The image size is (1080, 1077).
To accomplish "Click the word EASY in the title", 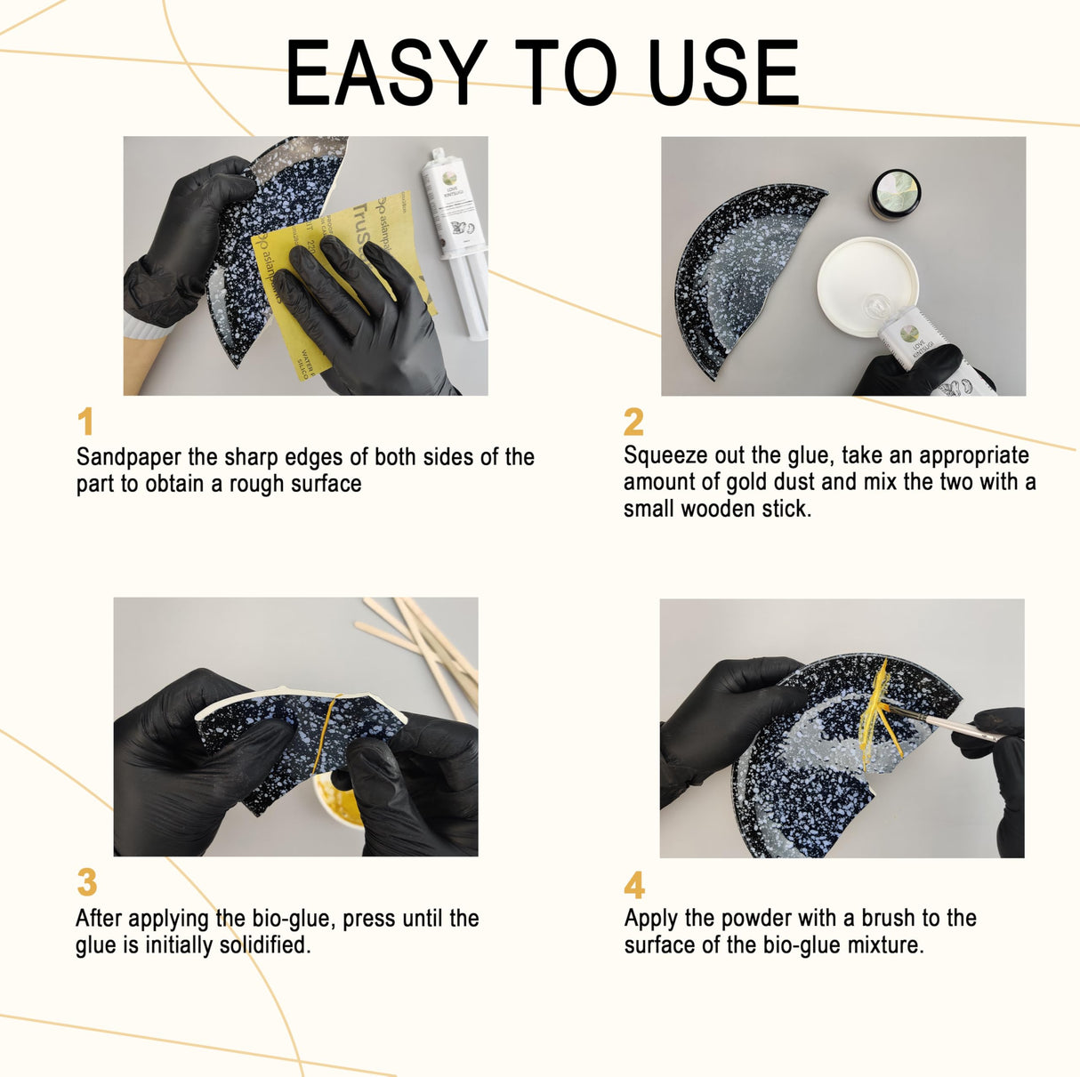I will [385, 74].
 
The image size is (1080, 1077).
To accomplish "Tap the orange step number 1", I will [85, 422].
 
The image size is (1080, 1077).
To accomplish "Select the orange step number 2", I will [633, 422].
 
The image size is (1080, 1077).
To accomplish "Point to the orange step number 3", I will [86, 883].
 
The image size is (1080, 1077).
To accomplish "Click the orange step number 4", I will [634, 886].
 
